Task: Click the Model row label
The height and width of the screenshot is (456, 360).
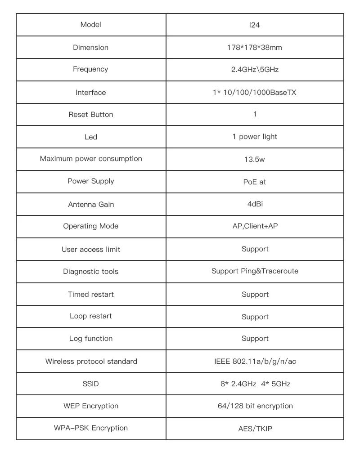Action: pos(90,25)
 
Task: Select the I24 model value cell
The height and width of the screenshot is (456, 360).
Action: pos(255,25)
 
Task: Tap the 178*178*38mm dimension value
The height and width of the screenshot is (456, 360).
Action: pos(255,47)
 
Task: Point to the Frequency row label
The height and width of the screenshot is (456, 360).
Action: pos(90,69)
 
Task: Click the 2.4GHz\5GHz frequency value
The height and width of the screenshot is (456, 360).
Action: pos(255,70)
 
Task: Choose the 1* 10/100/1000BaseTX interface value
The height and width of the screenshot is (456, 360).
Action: pos(255,93)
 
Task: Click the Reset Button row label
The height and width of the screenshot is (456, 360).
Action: pos(90,115)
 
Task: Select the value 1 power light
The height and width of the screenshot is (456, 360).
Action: pos(255,137)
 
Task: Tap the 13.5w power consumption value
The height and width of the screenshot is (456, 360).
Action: pos(255,160)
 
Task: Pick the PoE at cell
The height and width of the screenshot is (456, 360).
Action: pos(255,182)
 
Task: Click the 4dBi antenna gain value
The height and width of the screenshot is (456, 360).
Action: pos(255,204)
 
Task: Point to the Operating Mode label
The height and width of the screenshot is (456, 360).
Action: pos(90,226)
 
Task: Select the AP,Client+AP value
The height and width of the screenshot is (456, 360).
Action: pos(255,226)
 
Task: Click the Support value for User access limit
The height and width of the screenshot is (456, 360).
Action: pos(255,249)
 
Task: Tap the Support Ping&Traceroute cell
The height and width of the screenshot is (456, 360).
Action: pos(255,271)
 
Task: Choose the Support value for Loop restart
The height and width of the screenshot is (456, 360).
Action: pos(255,317)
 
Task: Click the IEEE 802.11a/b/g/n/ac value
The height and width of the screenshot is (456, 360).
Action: pos(255,362)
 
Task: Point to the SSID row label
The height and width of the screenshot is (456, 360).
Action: pos(90,384)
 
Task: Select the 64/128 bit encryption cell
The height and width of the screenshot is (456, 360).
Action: pos(255,406)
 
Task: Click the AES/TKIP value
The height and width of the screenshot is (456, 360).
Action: pos(255,429)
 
